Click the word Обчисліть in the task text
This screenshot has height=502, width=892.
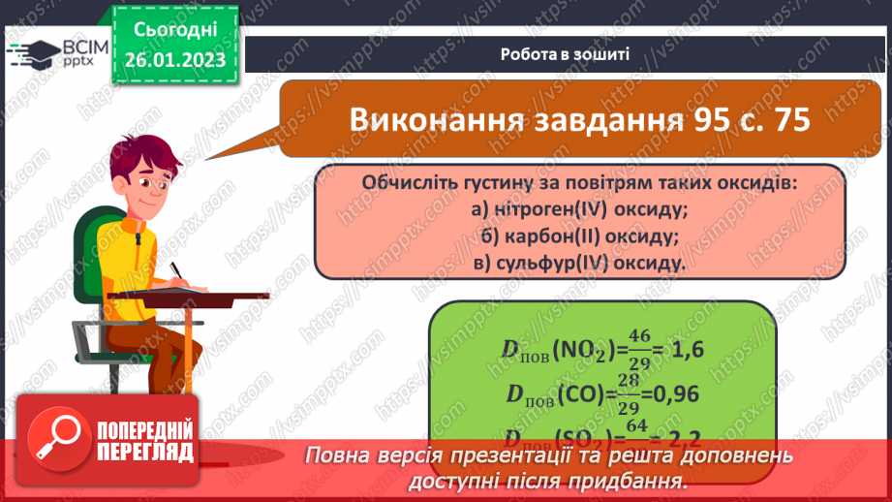point(408,183)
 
